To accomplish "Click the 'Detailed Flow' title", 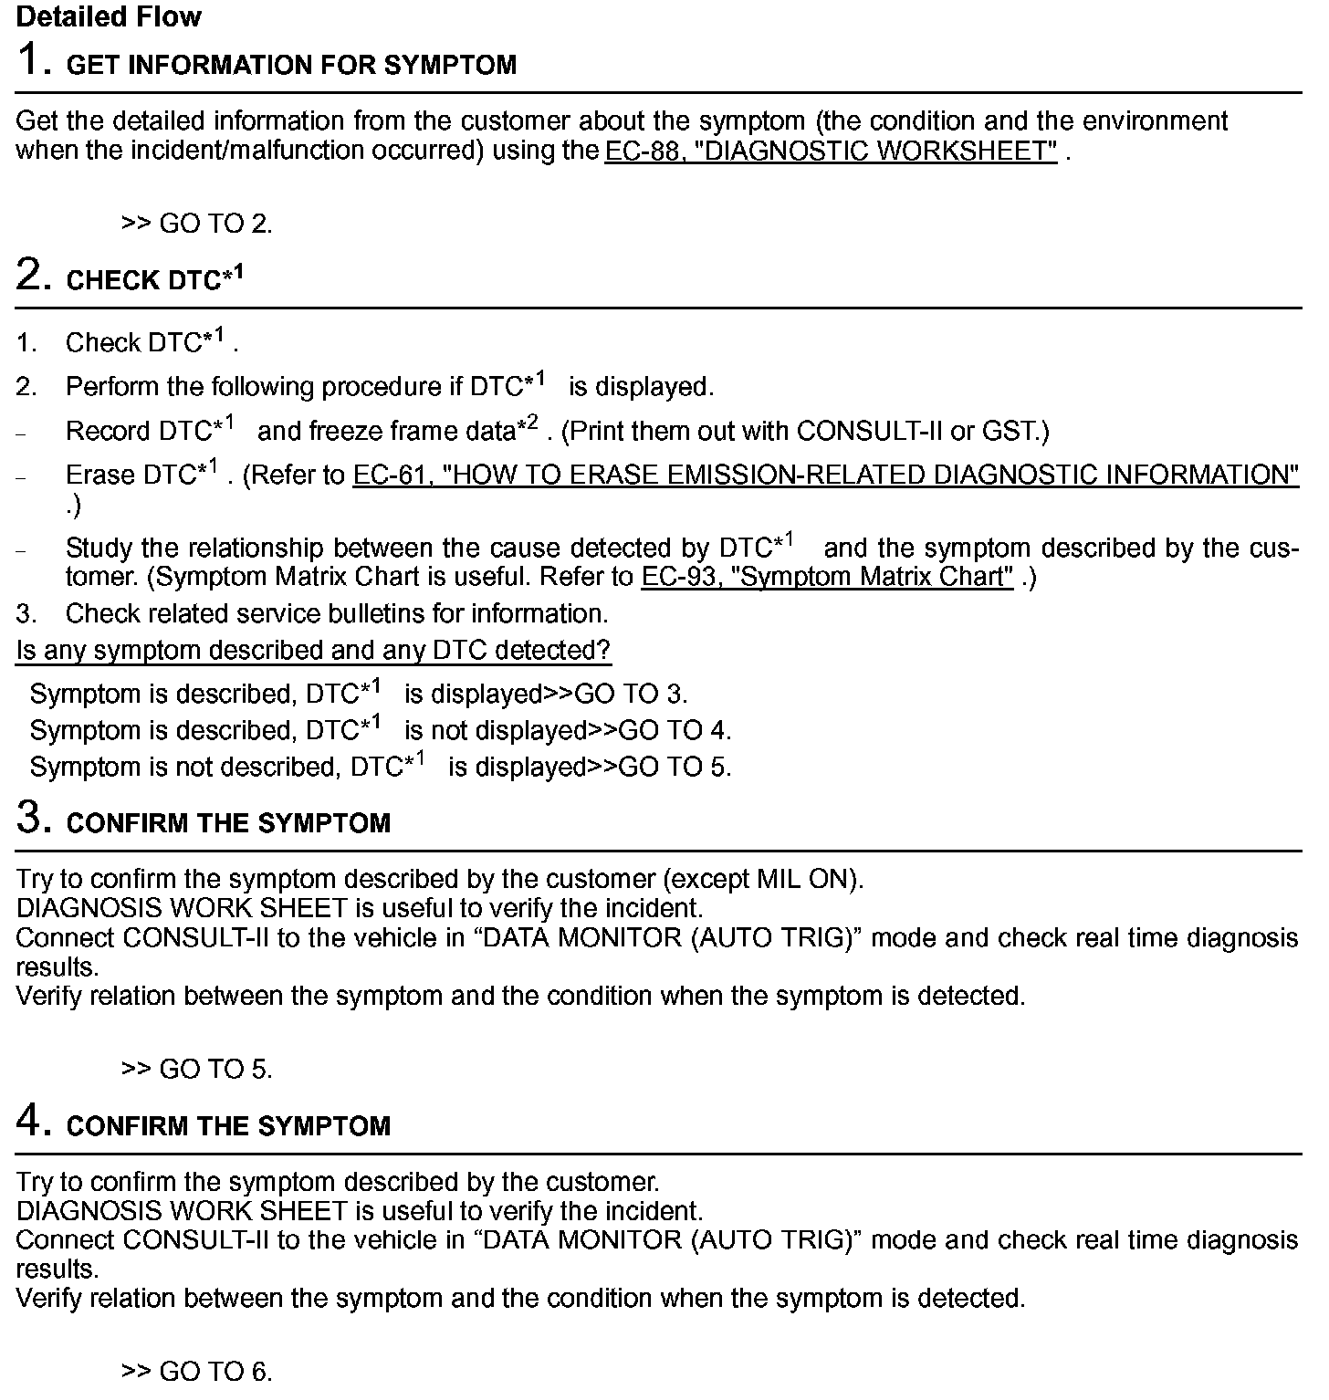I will click(109, 16).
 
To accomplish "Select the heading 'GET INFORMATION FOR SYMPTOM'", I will click(291, 66).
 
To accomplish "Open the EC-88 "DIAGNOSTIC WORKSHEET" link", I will click(831, 151).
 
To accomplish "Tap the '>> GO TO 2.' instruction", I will click(196, 224).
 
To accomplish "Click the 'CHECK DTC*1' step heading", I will click(154, 279).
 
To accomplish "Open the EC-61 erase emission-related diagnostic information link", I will click(825, 475).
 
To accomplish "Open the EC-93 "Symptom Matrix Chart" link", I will click(827, 577).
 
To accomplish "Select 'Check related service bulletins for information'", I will click(336, 613).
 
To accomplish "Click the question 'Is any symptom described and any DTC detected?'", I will click(313, 651).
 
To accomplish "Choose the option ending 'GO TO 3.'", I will click(359, 695).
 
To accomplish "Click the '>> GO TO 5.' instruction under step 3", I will click(196, 1069).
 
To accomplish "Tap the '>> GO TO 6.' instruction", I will click(196, 1372).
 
